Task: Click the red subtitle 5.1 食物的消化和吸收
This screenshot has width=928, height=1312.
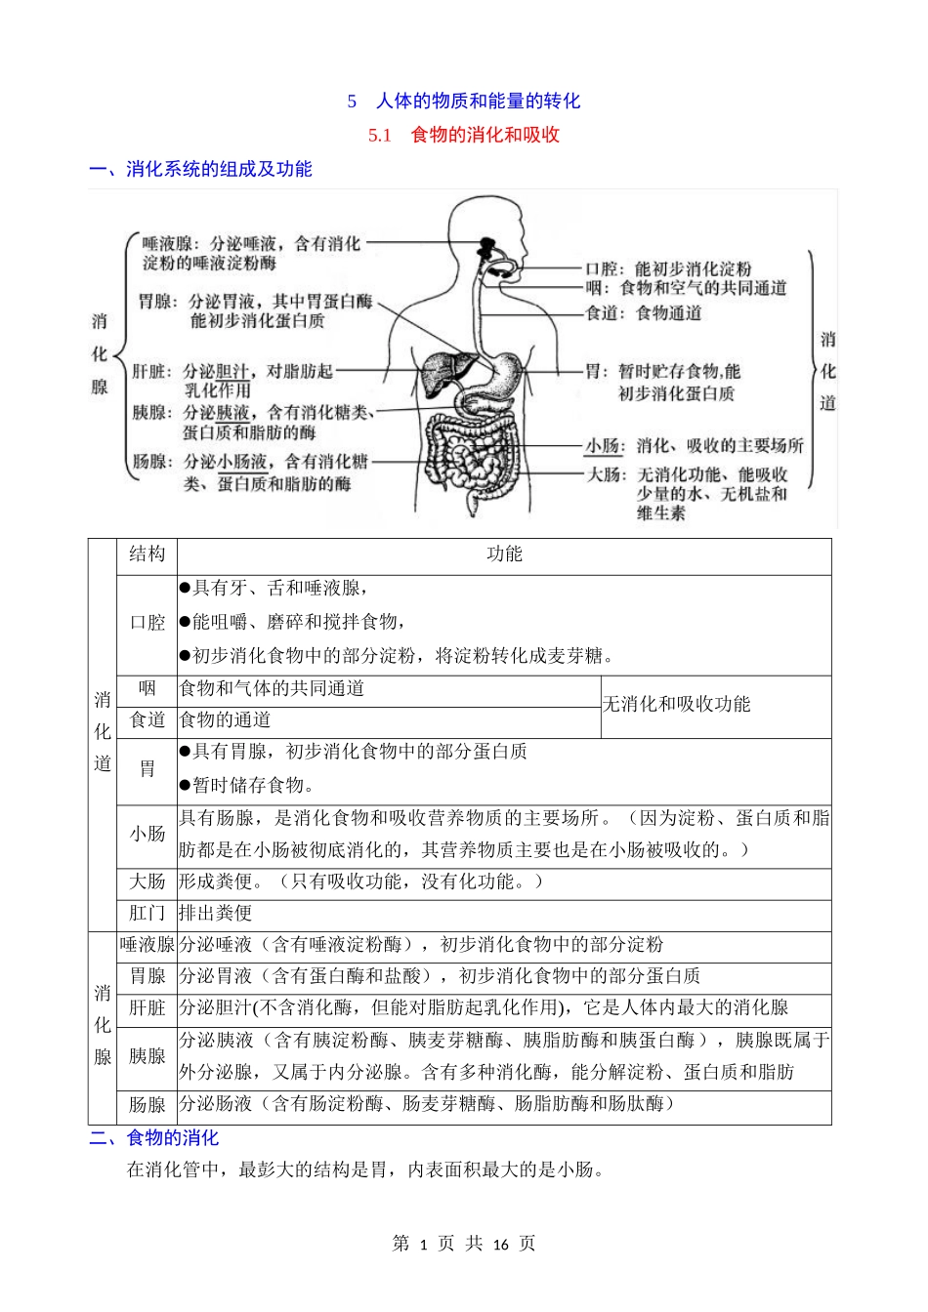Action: click(x=463, y=136)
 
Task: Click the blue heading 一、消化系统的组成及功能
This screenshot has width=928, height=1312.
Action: click(x=200, y=170)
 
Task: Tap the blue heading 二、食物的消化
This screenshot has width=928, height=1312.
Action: click(x=154, y=1138)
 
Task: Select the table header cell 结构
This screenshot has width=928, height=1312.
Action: click(x=147, y=554)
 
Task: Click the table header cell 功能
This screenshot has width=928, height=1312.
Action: click(x=504, y=554)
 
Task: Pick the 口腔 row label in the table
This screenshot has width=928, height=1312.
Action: click(x=147, y=623)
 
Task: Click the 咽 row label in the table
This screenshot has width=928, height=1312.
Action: click(x=147, y=689)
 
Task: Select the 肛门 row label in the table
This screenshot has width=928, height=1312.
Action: click(x=147, y=914)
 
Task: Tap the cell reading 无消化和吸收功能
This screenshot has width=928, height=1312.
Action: click(x=676, y=705)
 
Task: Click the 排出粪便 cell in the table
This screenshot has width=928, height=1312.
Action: click(x=216, y=914)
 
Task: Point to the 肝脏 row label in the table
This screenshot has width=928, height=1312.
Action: click(x=147, y=1008)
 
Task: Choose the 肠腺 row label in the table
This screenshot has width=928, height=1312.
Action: click(x=147, y=1105)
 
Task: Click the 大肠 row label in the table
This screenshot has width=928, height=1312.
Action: click(x=147, y=882)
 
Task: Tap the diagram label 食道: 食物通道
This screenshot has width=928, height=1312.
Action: click(x=643, y=313)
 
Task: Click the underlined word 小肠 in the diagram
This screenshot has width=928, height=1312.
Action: click(x=603, y=446)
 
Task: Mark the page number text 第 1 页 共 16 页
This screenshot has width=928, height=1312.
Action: click(x=463, y=1244)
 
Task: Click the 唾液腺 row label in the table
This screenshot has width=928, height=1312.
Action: click(x=147, y=945)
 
